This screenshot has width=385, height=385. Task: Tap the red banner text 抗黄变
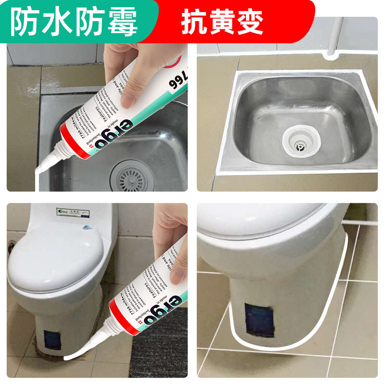[x=222, y=22]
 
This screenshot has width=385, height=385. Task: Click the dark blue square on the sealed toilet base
[x=259, y=320]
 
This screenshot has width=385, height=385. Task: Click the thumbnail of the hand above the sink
[x=130, y=72]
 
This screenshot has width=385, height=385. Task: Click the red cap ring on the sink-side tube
[x=65, y=142]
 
